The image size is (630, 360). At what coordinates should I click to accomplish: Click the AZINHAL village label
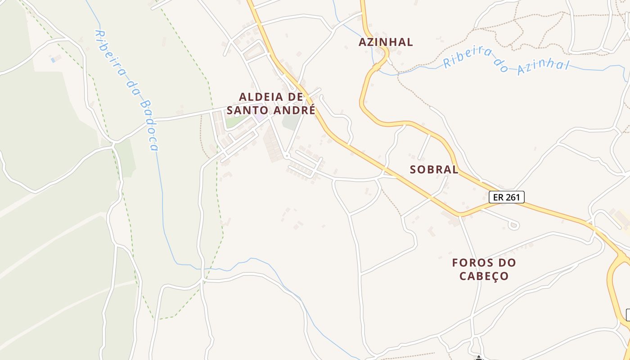coord(386,42)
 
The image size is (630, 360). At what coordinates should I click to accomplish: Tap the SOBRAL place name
coord(434,170)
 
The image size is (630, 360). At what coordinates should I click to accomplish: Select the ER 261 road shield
coord(507,197)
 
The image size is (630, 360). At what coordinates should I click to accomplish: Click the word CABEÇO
coord(484,276)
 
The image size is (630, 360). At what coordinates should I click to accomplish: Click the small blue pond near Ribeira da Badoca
coord(54,59)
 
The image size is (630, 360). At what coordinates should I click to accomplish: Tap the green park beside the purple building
coord(234,121)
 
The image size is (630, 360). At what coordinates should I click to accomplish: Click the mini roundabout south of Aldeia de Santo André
coord(286,156)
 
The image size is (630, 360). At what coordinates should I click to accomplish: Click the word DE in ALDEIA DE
coord(295,97)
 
